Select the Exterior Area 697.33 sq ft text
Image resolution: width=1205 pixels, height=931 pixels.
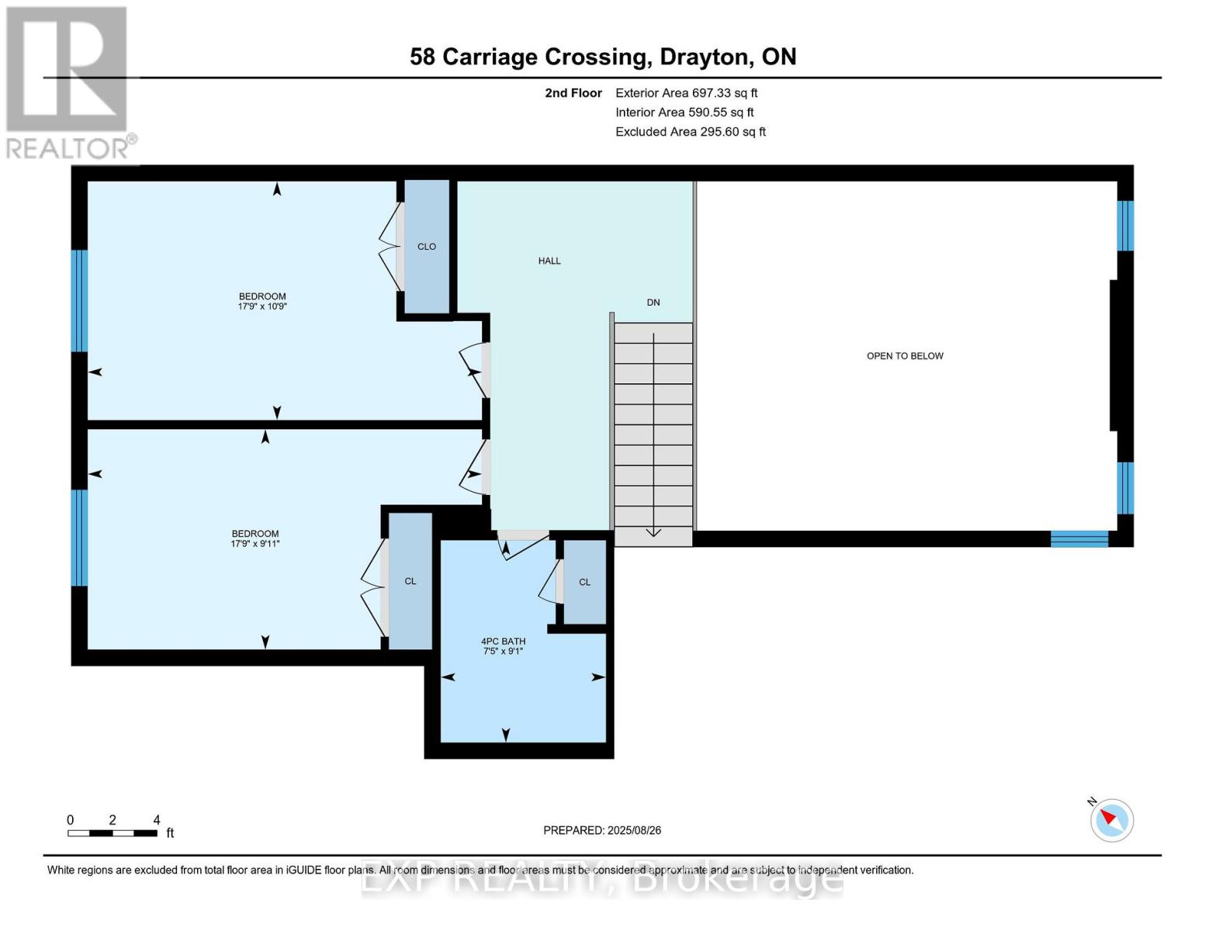click(x=686, y=93)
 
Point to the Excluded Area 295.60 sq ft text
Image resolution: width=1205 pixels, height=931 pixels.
click(x=690, y=132)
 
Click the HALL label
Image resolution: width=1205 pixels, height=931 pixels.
click(x=549, y=261)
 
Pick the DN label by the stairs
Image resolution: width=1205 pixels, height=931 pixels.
click(x=653, y=303)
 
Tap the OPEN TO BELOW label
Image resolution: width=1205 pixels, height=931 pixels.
click(x=905, y=356)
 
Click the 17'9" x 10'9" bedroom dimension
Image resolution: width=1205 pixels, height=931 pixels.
click(x=262, y=306)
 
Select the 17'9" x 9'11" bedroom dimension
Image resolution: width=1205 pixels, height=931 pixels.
click(x=255, y=544)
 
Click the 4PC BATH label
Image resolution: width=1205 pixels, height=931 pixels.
click(x=503, y=642)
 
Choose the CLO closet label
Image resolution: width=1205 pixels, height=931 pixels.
click(x=427, y=247)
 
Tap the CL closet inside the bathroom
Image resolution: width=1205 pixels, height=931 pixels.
click(x=584, y=583)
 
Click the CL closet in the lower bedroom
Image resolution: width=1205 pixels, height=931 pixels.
click(x=410, y=581)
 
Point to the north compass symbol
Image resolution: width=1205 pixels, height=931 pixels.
click(x=1111, y=819)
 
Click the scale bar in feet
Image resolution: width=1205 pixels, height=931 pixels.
click(x=113, y=833)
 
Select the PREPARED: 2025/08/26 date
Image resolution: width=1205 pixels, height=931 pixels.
click(x=602, y=830)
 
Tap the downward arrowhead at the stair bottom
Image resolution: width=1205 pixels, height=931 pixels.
click(x=653, y=532)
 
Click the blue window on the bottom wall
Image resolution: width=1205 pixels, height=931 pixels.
click(x=1079, y=538)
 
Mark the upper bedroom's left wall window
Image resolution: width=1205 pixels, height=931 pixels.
click(x=79, y=301)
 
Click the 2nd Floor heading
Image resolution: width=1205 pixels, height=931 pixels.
click(x=573, y=93)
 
